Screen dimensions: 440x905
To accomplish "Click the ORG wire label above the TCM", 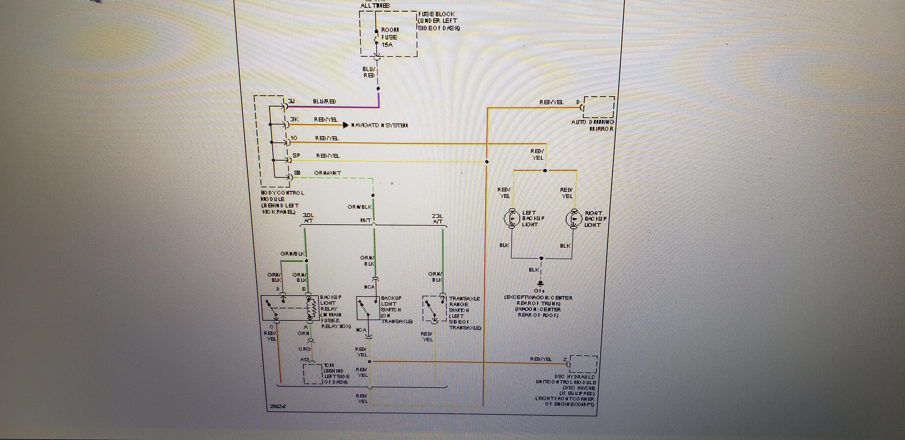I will (x=304, y=349).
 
